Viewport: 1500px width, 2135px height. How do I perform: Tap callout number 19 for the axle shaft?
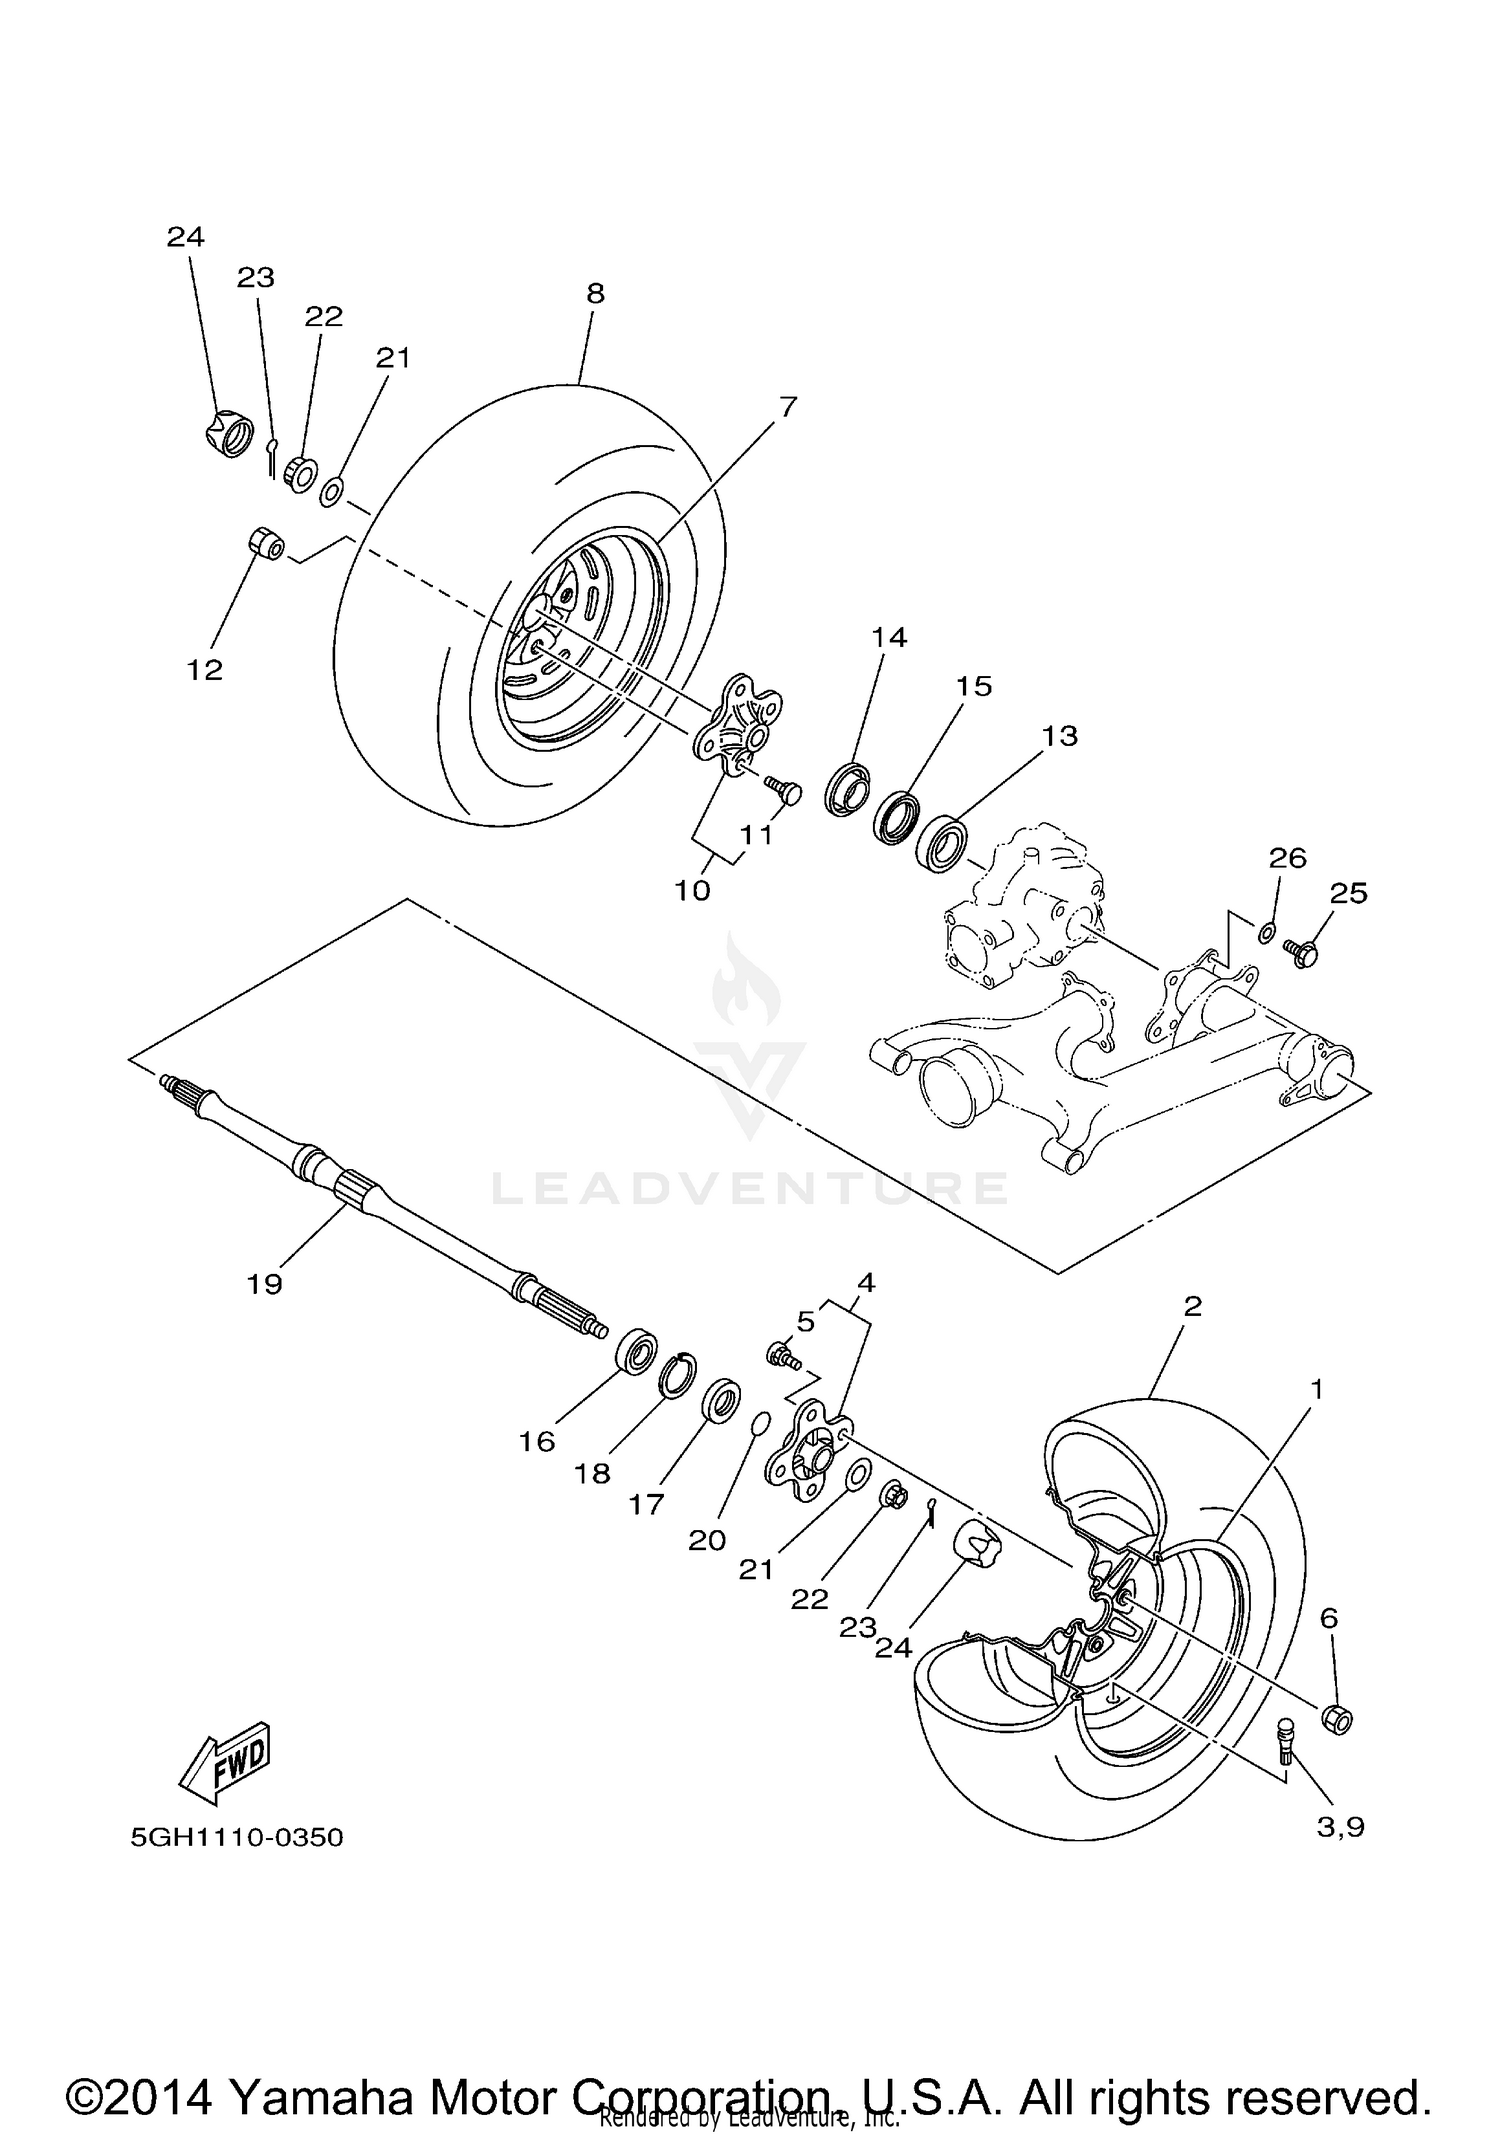pyautogui.click(x=265, y=1284)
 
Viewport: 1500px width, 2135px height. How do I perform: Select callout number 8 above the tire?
pyautogui.click(x=595, y=293)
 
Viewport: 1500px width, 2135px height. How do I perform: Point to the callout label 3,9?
pyautogui.click(x=1340, y=1828)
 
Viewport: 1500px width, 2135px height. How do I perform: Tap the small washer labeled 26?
pyautogui.click(x=1265, y=933)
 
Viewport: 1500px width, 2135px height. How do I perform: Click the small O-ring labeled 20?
pyautogui.click(x=760, y=1424)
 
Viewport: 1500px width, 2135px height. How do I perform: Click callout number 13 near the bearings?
pyautogui.click(x=1060, y=735)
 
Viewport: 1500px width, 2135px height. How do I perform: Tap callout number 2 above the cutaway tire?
pyautogui.click(x=1191, y=1305)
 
